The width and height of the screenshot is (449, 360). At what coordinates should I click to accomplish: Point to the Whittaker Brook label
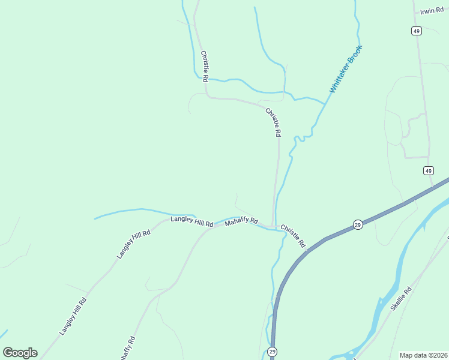(346, 68)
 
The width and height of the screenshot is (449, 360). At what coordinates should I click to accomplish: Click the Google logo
(20, 353)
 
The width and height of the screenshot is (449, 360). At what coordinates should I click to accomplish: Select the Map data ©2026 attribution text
(423, 355)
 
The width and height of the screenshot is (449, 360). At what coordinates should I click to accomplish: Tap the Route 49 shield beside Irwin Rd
(416, 31)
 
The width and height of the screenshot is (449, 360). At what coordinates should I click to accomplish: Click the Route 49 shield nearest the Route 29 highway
(428, 171)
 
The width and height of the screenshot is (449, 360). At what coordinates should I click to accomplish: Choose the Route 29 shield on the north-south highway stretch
(272, 352)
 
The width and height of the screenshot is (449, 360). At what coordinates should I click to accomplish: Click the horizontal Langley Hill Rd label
(191, 221)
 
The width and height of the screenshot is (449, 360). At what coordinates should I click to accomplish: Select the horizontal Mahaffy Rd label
(241, 222)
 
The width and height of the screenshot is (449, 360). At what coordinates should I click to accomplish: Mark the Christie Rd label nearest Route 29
(294, 236)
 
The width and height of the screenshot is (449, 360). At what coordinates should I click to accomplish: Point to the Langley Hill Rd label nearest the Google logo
(73, 316)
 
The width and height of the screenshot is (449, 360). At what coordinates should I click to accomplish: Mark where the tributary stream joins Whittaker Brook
(325, 104)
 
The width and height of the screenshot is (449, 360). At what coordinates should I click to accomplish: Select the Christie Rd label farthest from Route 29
(205, 66)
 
